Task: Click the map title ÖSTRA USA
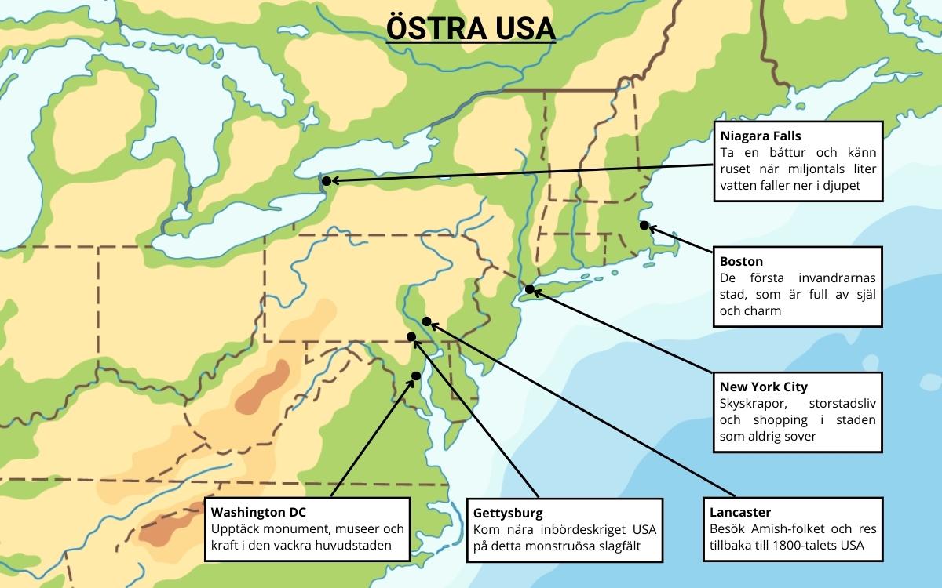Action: click(x=471, y=28)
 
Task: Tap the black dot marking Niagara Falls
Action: click(x=326, y=181)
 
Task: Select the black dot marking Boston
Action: click(x=644, y=226)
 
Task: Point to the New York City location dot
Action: click(x=530, y=289)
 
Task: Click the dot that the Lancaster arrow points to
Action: click(x=426, y=321)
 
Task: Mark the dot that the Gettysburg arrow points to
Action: click(x=411, y=337)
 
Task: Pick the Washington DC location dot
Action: click(x=416, y=376)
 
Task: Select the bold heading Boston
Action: click(x=741, y=261)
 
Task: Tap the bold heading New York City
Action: click(x=763, y=387)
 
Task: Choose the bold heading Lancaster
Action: click(x=745, y=512)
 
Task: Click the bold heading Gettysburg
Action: click(x=508, y=513)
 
